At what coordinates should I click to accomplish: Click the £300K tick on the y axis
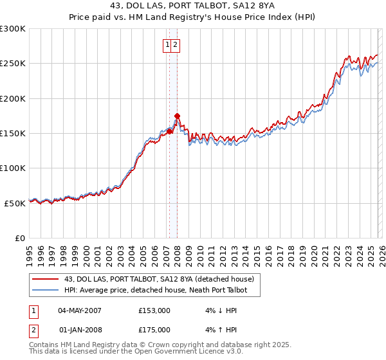(12, 29)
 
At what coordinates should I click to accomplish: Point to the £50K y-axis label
(15, 203)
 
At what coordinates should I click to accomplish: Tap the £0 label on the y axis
(21, 238)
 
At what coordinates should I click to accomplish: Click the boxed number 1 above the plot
(167, 45)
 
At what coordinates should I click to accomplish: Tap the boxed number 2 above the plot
(176, 45)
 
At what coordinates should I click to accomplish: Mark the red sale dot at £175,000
(177, 116)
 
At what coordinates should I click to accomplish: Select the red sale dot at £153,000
(170, 131)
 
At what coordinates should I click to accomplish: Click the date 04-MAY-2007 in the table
(79, 310)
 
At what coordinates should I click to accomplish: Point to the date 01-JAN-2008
(79, 330)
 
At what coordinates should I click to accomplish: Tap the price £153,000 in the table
(154, 310)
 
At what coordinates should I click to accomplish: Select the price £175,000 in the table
(154, 330)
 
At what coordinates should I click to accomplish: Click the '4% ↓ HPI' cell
(216, 310)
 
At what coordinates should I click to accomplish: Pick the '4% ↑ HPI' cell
(216, 330)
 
